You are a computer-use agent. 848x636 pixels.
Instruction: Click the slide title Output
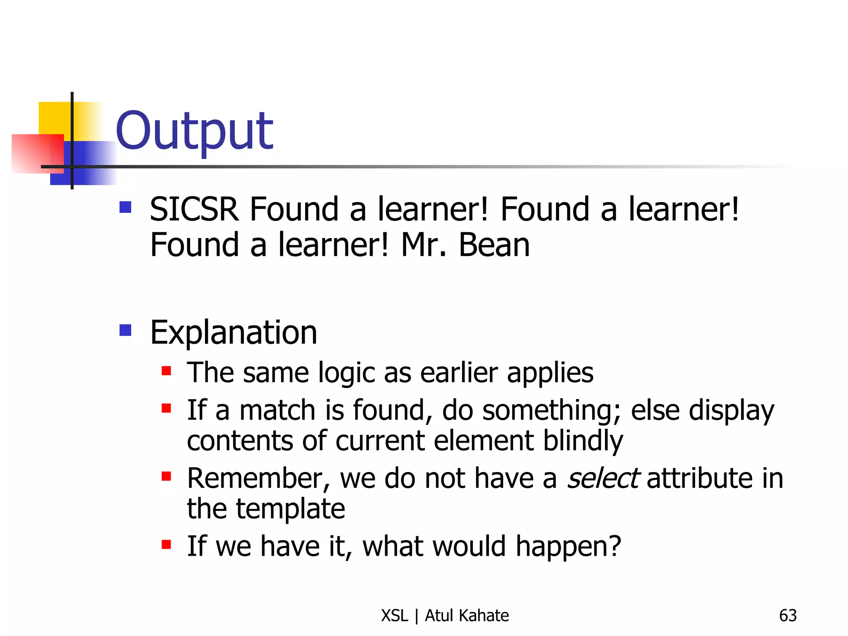(x=195, y=132)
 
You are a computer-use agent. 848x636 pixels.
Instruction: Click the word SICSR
(x=194, y=210)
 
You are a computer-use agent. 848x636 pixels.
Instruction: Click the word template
(x=290, y=509)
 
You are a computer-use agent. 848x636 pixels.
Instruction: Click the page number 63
(x=788, y=616)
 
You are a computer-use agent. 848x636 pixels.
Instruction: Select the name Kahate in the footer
(x=484, y=616)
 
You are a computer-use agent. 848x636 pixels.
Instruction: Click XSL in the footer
(x=395, y=616)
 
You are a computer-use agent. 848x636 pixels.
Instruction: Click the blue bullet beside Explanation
(x=125, y=330)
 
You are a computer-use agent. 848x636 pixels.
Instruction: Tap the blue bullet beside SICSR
(x=125, y=207)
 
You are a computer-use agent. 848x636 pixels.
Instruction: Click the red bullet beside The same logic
(x=166, y=370)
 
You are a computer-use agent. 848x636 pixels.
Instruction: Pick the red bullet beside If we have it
(x=166, y=544)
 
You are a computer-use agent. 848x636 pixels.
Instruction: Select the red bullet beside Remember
(x=166, y=476)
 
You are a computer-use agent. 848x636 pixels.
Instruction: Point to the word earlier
(x=459, y=373)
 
